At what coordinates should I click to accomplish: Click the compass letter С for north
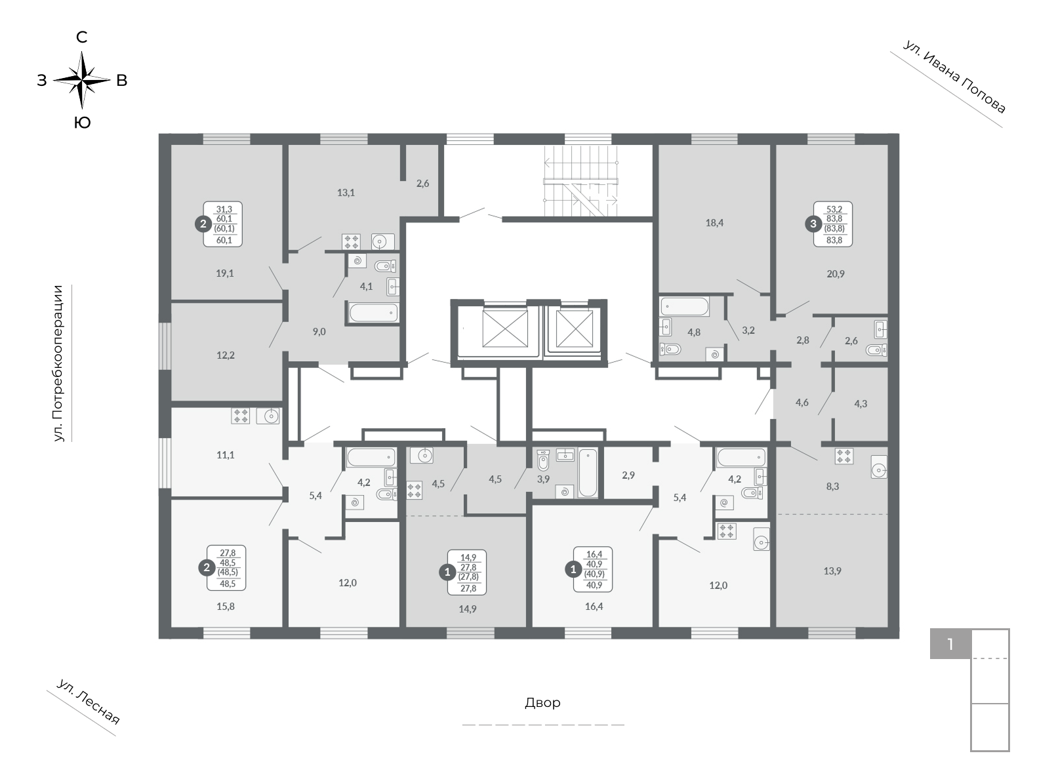tap(82, 37)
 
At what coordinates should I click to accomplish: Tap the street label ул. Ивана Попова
tap(954, 77)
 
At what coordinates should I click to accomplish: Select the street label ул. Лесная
tap(88, 702)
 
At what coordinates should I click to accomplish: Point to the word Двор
tap(543, 703)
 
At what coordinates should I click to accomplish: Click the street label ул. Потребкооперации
tap(58, 363)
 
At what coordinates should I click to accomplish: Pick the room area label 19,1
tap(225, 273)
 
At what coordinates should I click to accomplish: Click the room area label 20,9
tap(836, 273)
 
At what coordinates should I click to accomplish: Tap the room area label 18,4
tap(714, 223)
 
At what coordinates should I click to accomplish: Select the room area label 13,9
tap(832, 571)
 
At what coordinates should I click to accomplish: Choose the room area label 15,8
tap(226, 607)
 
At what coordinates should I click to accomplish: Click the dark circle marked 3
tap(813, 224)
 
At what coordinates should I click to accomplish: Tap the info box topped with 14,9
tap(467, 572)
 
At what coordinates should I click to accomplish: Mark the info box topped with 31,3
tap(223, 224)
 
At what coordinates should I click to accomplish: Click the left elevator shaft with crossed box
tap(504, 329)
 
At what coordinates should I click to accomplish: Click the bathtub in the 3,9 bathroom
tap(588, 473)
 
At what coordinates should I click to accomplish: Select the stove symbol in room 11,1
tap(241, 416)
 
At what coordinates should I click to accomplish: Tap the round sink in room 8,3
tap(879, 467)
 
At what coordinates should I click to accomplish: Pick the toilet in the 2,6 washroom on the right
tap(876, 350)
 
